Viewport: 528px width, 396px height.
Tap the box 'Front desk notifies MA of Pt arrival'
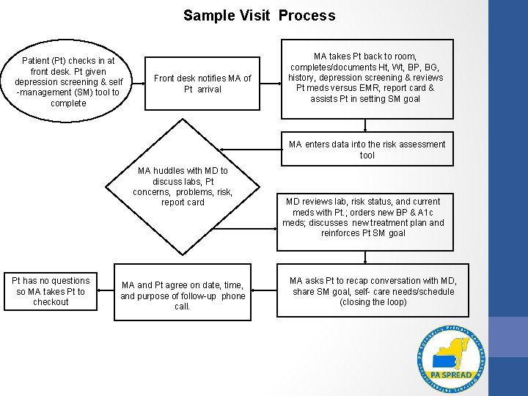point(202,84)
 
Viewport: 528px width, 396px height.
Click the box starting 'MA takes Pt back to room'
point(365,78)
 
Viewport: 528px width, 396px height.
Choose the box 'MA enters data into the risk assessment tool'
point(367,150)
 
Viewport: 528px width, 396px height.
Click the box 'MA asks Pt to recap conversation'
point(373,291)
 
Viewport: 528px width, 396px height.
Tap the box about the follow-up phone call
point(183,296)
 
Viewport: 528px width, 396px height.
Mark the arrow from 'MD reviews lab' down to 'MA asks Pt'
point(365,256)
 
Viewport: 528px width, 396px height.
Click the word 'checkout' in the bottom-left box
point(51,302)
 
